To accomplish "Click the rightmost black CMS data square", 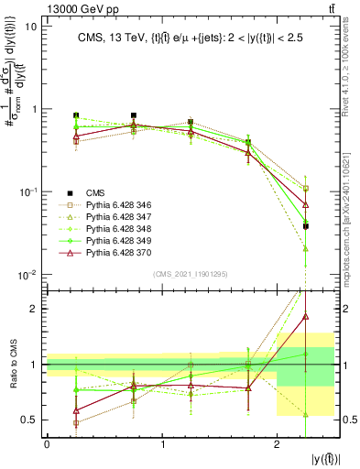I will [x=306, y=225].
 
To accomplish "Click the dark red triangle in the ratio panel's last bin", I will [x=306, y=317].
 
